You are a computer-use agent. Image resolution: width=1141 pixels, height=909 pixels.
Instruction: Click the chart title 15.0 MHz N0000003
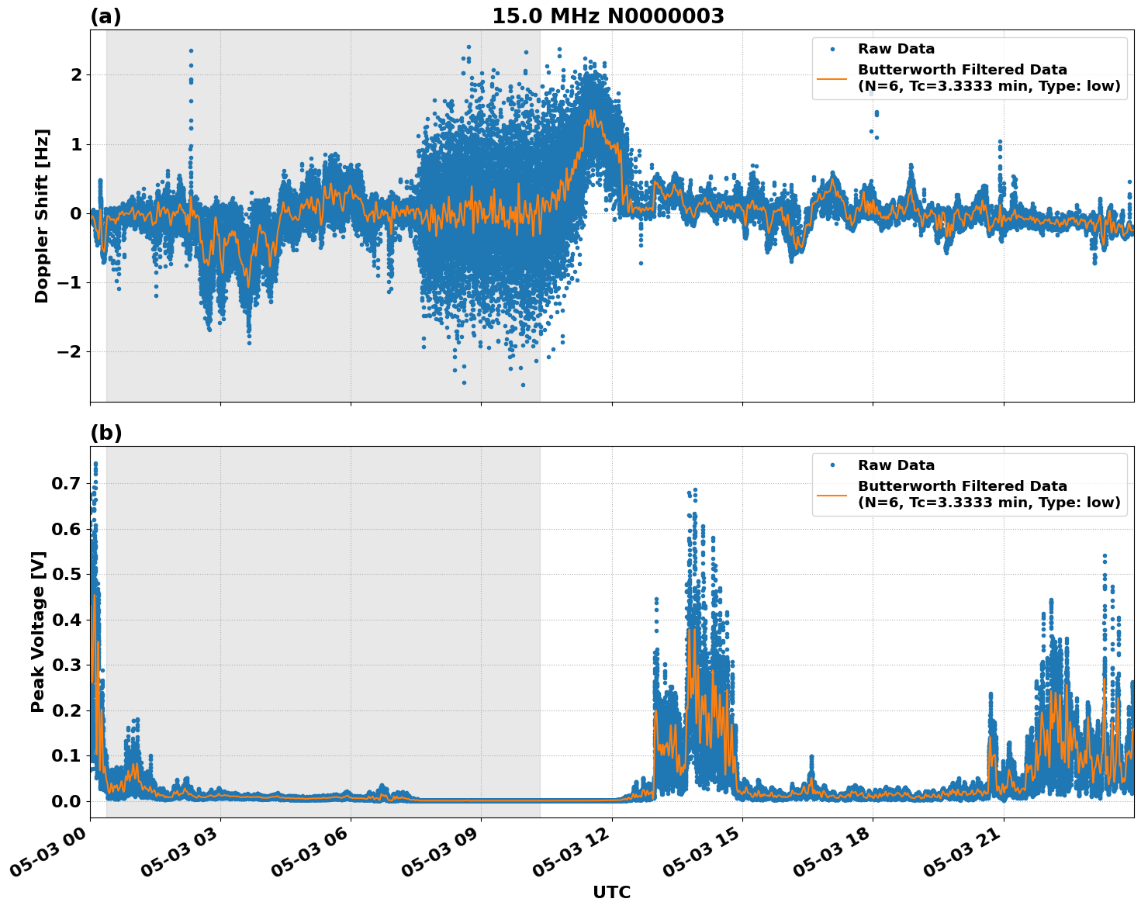607,16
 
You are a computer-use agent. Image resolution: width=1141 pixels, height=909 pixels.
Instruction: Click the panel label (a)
105,16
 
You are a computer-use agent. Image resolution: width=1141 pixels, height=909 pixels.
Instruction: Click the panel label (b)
105,433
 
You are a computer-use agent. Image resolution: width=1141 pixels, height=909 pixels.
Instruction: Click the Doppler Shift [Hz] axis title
42,216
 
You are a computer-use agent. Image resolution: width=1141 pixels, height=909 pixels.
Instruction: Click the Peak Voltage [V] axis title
38,631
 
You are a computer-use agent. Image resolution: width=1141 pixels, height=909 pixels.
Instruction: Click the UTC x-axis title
611,892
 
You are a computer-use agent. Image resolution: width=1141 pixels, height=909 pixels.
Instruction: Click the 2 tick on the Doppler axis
76,74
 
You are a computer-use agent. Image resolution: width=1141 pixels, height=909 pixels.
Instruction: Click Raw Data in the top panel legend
896,49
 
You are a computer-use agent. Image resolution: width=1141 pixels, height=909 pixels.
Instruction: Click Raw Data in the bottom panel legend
896,465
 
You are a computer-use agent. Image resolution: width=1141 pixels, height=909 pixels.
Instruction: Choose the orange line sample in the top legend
832,78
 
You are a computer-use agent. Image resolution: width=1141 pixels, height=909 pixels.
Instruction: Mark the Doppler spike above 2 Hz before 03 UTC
191,51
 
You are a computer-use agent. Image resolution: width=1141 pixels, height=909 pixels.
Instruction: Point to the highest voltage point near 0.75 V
95,464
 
